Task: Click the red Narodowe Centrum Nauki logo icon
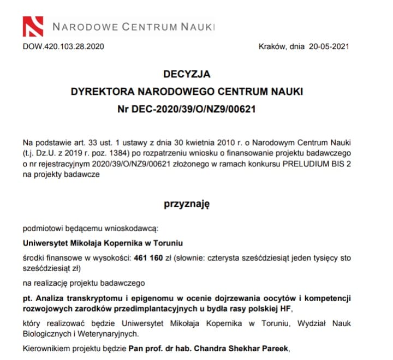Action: tap(32, 26)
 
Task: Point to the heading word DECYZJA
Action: tap(187, 75)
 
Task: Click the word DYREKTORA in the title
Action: tap(102, 91)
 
